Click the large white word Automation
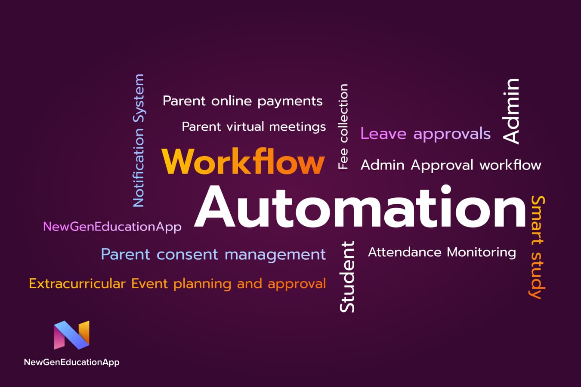360,206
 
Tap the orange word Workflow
243,161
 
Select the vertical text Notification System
139,141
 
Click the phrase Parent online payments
243,101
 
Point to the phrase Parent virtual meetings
253,127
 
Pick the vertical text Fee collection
343,126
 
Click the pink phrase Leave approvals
425,134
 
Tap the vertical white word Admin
511,111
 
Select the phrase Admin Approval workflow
451,165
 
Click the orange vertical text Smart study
537,247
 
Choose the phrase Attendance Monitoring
442,252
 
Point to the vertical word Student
347,277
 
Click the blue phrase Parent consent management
213,255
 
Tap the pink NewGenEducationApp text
112,227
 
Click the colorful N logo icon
71,335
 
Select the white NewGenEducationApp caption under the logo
71,362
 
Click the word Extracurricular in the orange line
77,283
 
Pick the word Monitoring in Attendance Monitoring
482,252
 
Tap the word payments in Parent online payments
290,101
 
